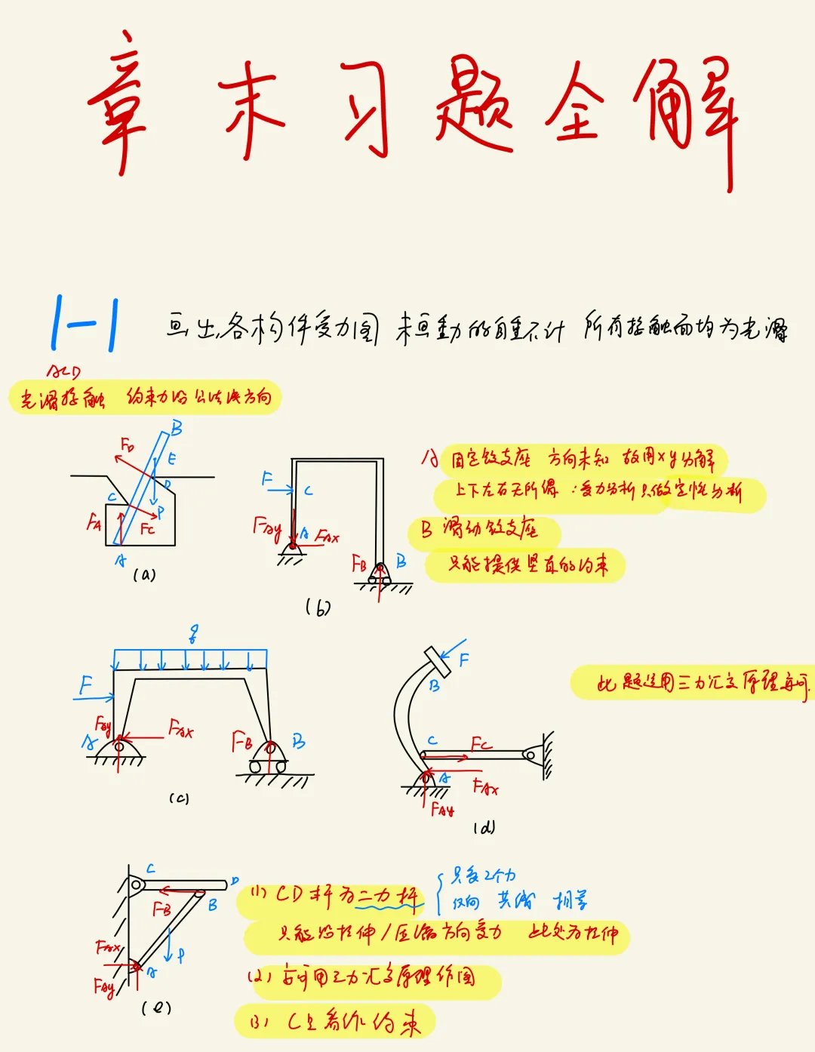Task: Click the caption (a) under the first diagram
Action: click(144, 575)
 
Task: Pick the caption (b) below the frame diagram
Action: click(318, 607)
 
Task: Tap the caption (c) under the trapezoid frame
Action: click(179, 798)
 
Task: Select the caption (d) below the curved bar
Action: click(484, 827)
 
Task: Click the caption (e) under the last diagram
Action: click(156, 1007)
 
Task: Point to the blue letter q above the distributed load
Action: click(194, 634)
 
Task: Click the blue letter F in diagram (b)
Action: click(267, 478)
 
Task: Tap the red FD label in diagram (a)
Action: click(128, 445)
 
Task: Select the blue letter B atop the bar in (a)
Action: click(177, 429)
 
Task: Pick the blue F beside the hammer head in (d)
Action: click(463, 660)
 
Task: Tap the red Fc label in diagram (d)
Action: click(481, 744)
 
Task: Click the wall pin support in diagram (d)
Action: click(533, 754)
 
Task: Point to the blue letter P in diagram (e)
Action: click(181, 955)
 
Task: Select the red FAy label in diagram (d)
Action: click(442, 810)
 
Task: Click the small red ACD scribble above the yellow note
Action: click(63, 371)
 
